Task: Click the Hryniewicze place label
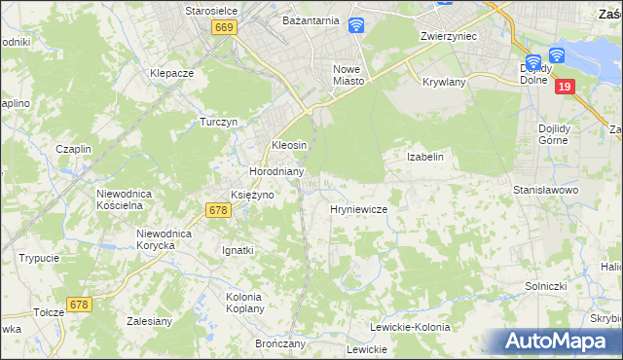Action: (359, 209)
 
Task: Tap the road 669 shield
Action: (224, 29)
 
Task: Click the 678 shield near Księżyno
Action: (217, 210)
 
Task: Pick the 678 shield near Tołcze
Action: (79, 305)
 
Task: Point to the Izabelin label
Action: (424, 157)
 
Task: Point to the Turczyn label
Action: (219, 122)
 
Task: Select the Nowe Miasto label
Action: (348, 75)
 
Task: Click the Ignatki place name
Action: (238, 250)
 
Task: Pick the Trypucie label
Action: (39, 258)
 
